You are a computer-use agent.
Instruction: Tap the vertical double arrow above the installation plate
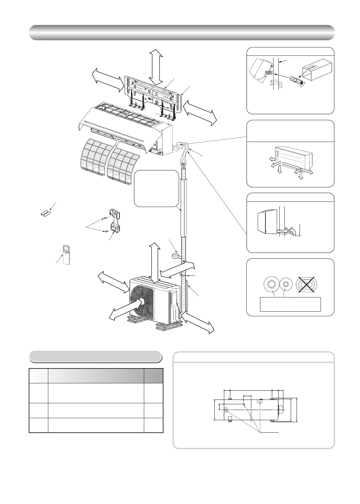156,67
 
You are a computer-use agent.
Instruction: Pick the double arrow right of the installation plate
199,113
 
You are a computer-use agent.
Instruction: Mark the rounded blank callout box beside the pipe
156,188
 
